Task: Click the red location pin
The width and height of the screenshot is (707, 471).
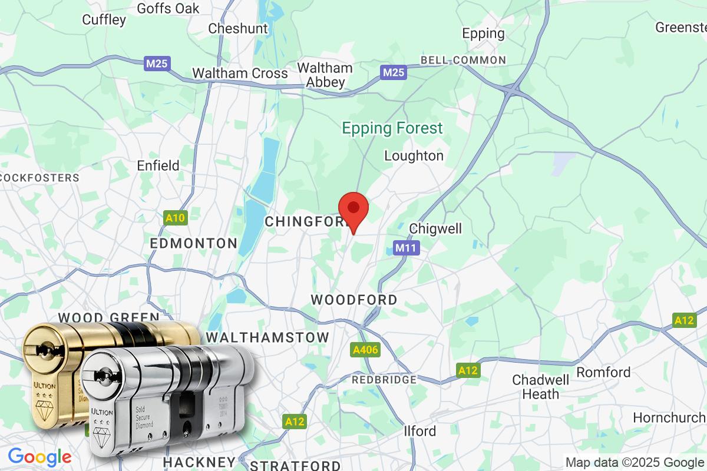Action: [x=353, y=210]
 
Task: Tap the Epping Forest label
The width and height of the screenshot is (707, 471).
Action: [x=392, y=128]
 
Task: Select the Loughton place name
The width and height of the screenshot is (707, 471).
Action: [x=414, y=156]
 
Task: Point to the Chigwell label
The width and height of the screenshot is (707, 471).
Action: [x=435, y=228]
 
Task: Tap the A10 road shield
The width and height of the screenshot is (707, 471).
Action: [x=175, y=218]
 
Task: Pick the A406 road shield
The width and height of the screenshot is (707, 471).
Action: [x=365, y=350]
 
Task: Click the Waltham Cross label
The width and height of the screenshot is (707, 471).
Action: [x=240, y=74]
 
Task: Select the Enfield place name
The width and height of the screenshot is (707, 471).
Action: [x=158, y=165]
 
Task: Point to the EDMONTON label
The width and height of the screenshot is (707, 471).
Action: [x=194, y=243]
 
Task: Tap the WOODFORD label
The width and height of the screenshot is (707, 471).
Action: [x=354, y=300]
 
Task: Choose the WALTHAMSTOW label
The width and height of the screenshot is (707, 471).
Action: [x=267, y=337]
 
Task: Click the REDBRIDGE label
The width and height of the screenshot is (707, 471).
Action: [x=384, y=380]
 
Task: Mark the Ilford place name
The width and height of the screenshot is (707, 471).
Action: [x=420, y=431]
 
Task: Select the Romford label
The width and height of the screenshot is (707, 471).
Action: [x=603, y=372]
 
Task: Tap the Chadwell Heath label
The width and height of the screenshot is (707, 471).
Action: [x=541, y=387]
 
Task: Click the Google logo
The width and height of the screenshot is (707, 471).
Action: [x=39, y=457]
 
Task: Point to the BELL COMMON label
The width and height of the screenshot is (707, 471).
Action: [x=462, y=60]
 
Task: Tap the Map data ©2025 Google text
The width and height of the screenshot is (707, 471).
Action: [x=635, y=462]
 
